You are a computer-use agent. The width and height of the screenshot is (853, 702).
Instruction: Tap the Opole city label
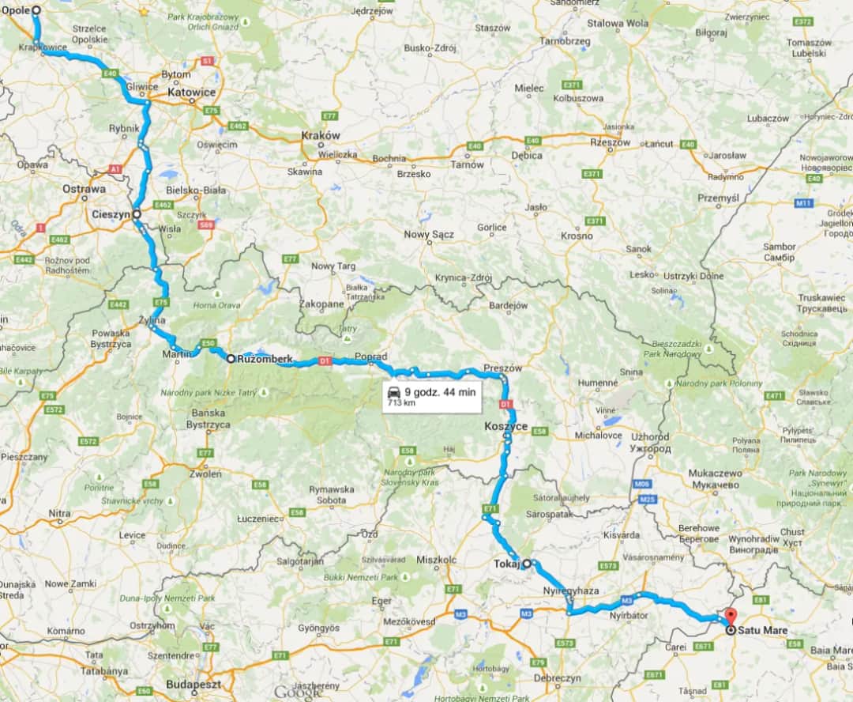[16, 11]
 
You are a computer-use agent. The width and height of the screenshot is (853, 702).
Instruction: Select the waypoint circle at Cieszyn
[137, 213]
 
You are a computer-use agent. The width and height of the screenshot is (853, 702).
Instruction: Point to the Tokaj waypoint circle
[526, 564]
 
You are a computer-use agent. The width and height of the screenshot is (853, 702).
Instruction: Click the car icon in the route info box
[393, 392]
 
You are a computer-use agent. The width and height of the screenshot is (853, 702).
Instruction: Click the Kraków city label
[321, 135]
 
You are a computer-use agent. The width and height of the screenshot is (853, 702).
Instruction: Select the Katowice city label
[192, 92]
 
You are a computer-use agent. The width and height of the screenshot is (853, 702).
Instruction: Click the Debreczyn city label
[558, 678]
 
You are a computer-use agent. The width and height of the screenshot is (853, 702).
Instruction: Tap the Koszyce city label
[505, 426]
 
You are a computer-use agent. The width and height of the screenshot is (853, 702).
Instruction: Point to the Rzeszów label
[611, 142]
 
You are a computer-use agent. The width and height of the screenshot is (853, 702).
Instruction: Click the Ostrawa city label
[85, 190]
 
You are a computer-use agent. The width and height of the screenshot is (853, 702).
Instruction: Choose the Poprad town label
[371, 357]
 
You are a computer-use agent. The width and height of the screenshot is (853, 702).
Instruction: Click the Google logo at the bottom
[298, 693]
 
